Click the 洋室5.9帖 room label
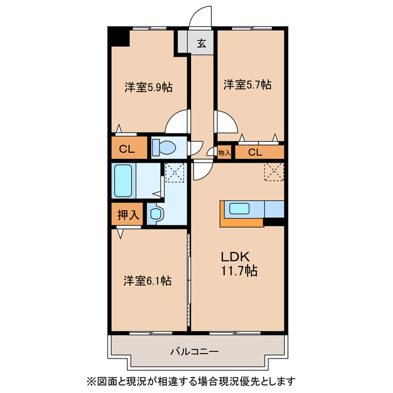click(149, 87)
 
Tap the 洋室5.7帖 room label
click(247, 85)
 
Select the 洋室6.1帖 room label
click(147, 281)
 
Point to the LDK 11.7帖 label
click(239, 263)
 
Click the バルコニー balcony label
click(195, 352)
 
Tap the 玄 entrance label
click(201, 44)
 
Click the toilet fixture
click(164, 147)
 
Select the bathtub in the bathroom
click(123, 181)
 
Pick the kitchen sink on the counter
click(239, 209)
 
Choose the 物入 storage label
click(224, 152)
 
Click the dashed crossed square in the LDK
click(274, 171)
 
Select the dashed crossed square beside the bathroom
click(175, 173)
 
